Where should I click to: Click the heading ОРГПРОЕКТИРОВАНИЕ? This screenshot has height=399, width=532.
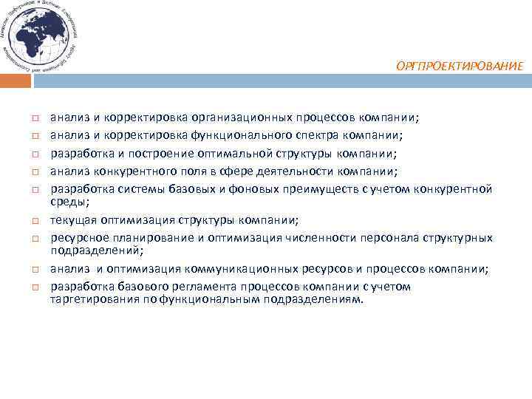click(x=459, y=66)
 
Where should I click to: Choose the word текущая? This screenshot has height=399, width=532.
click(x=72, y=219)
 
